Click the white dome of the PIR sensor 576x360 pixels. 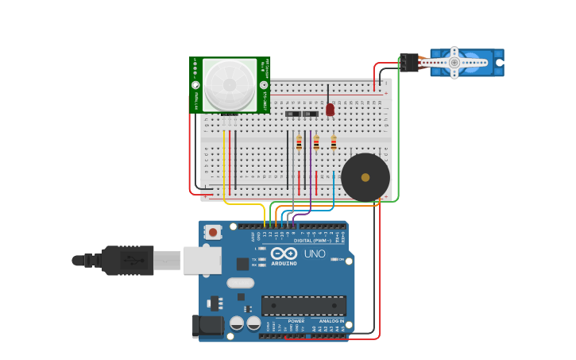click(230, 84)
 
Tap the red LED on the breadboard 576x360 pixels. click(330, 110)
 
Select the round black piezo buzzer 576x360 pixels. click(365, 177)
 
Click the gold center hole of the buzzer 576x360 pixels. click(365, 177)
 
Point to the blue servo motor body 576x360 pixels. click(477, 63)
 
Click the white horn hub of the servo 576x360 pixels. click(454, 62)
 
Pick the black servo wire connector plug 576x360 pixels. click(409, 62)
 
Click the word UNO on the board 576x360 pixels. click(315, 254)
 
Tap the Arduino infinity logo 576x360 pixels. click(284, 254)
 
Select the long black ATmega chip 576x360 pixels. click(303, 305)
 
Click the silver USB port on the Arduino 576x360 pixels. click(202, 260)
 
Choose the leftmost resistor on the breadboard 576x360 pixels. click(299, 143)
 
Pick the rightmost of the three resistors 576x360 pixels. click(334, 143)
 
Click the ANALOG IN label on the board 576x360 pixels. click(331, 320)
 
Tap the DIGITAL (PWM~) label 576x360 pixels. click(312, 240)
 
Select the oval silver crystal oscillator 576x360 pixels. click(240, 282)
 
